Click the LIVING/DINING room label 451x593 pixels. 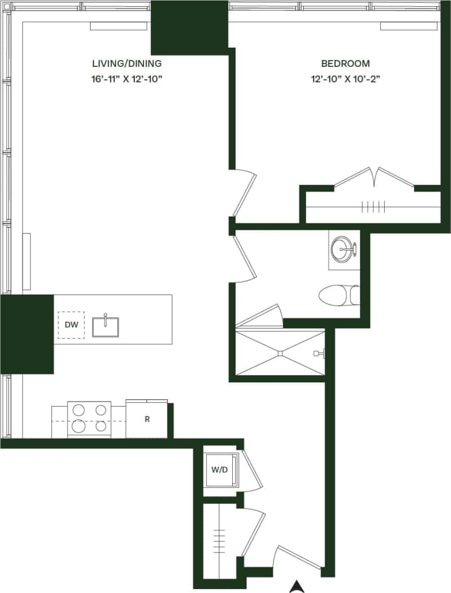[127, 63]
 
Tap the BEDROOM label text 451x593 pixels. [345, 63]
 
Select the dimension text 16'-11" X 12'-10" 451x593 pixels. [127, 79]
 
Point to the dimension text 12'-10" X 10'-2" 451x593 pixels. [345, 79]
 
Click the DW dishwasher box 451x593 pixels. [71, 325]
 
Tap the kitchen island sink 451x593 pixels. [105, 326]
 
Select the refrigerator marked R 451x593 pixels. [147, 419]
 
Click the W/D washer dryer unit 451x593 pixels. [219, 469]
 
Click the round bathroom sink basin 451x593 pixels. [342, 248]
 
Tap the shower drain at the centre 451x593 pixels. [280, 353]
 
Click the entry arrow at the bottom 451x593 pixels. [297, 587]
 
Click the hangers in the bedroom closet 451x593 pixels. [372, 207]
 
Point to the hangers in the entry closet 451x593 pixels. [219, 541]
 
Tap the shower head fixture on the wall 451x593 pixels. [319, 353]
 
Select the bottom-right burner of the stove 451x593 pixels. [101, 426]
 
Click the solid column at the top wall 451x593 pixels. [190, 28]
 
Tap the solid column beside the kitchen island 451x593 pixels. [26, 334]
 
